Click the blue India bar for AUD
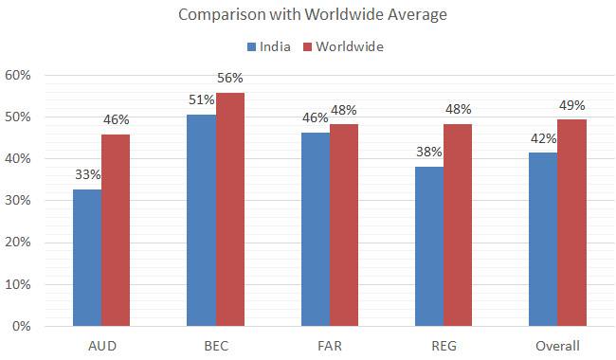tap(87, 258)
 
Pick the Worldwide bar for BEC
tap(229, 209)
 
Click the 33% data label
tap(87, 174)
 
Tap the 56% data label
tap(230, 78)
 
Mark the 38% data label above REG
tap(429, 151)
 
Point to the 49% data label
tap(571, 104)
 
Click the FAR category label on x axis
tap(329, 345)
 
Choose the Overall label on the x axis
tap(557, 345)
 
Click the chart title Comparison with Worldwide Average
tap(308, 16)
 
